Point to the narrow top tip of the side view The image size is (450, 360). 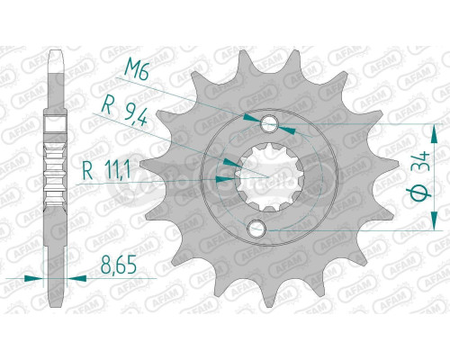pos(55,56)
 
